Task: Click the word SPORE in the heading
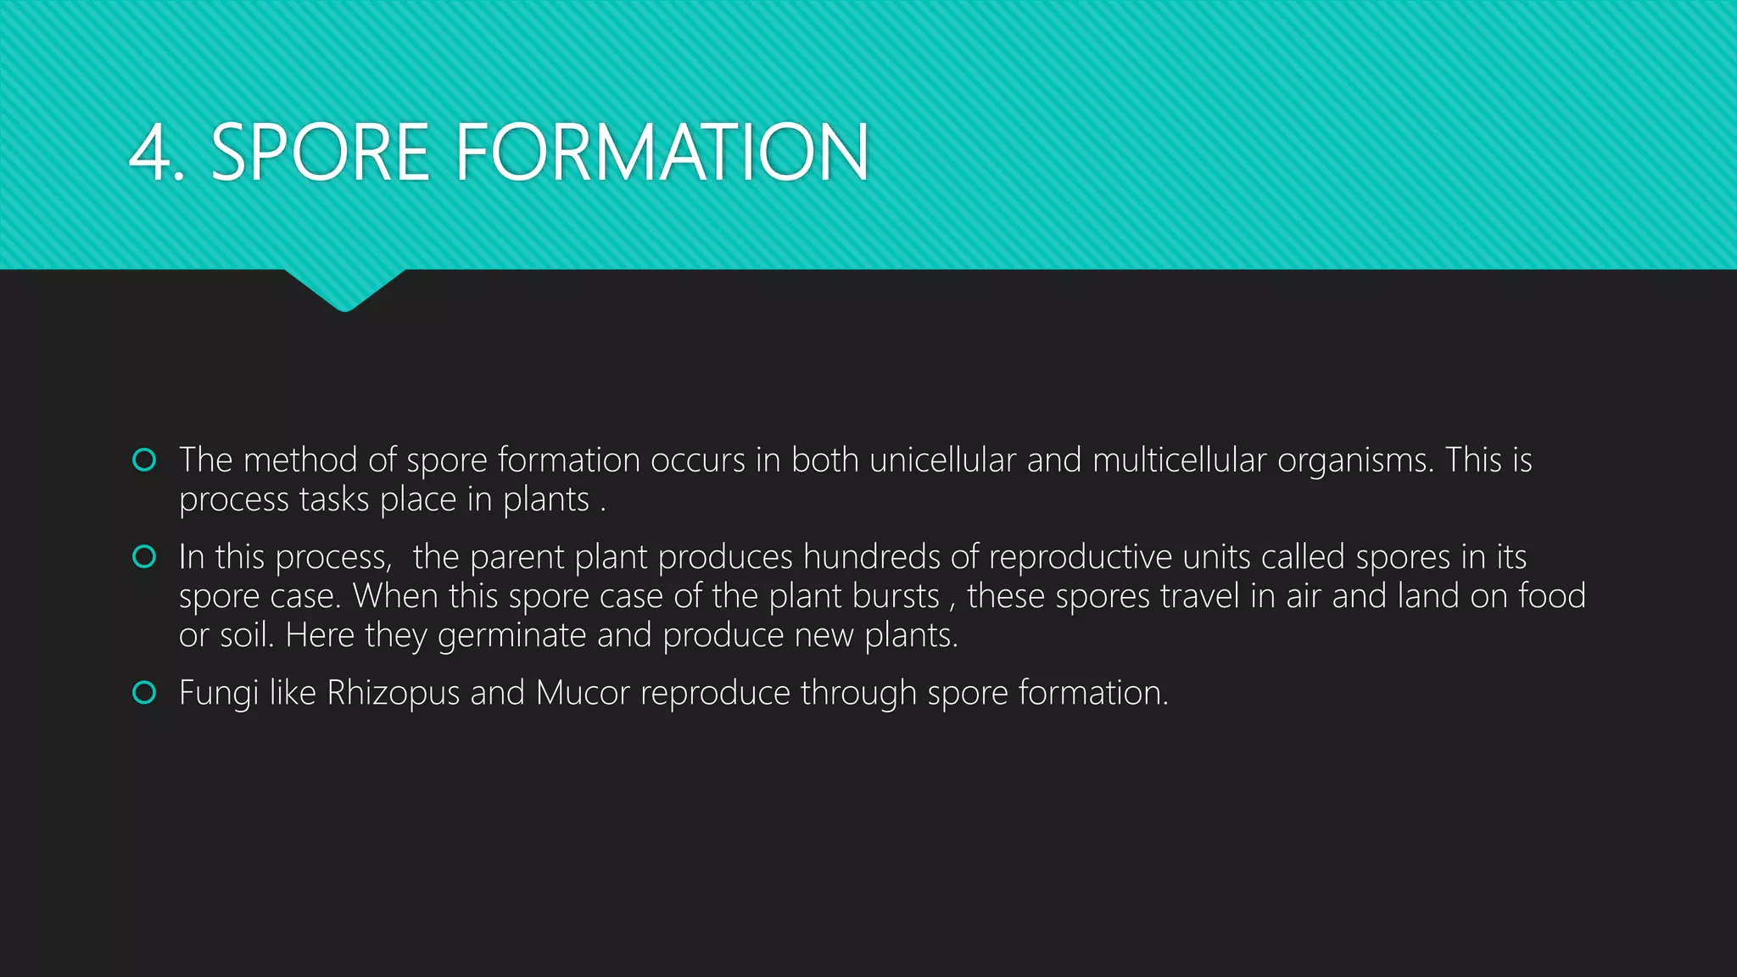[x=320, y=153]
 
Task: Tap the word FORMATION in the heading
[x=662, y=153]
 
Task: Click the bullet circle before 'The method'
[x=144, y=460]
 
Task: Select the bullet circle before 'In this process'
[x=144, y=556]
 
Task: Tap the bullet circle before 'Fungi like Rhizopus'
[x=144, y=693]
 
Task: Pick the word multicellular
[x=1179, y=460]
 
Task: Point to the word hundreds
[x=871, y=557]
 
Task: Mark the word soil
[x=247, y=635]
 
